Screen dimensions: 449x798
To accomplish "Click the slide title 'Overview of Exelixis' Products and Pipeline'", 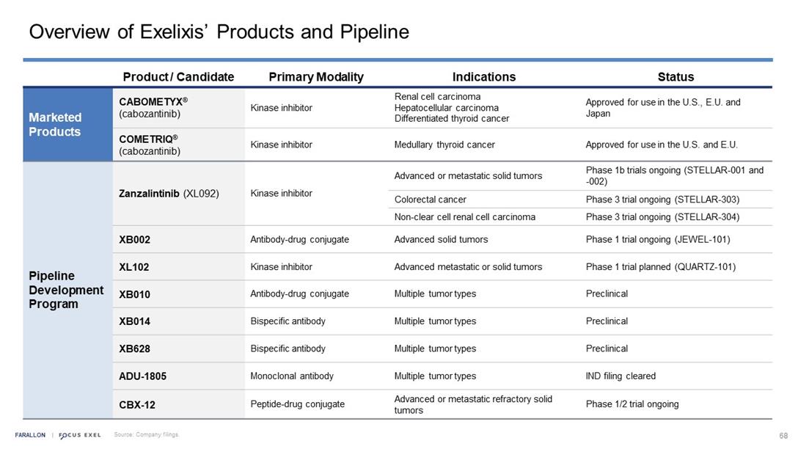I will tap(219, 32).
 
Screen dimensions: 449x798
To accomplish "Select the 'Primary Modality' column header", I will tap(316, 77).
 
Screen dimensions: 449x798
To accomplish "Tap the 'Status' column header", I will tap(676, 77).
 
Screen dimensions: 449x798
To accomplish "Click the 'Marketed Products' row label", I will tap(55, 125).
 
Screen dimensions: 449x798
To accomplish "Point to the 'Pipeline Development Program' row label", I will tap(66, 290).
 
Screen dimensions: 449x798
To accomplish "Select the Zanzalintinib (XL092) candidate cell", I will tap(169, 194).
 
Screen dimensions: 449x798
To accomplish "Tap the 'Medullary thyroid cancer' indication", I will tap(444, 145).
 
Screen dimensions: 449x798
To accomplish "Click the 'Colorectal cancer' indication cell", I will tap(431, 200).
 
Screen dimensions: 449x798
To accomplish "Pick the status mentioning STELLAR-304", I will tap(662, 216).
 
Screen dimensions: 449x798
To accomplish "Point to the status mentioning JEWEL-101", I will tap(658, 239).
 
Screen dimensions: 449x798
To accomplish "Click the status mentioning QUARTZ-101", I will tap(660, 267).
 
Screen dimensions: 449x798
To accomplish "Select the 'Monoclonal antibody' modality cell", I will tap(292, 376).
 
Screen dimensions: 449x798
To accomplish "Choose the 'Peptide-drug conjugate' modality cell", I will tap(297, 404).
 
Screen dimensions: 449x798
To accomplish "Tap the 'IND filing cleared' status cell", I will tap(621, 376).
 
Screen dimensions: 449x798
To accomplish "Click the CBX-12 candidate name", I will tap(137, 404).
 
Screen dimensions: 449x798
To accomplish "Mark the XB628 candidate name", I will tap(135, 348).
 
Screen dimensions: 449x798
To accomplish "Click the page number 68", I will tap(783, 435).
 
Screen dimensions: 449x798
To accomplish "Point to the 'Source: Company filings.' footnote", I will tap(146, 435).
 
